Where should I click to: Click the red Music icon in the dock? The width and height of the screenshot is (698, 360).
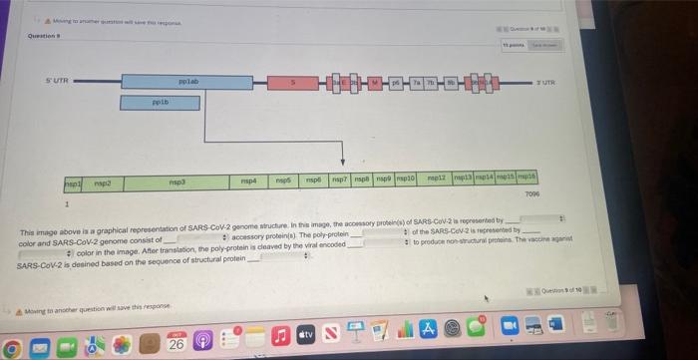pyautogui.click(x=282, y=344)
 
